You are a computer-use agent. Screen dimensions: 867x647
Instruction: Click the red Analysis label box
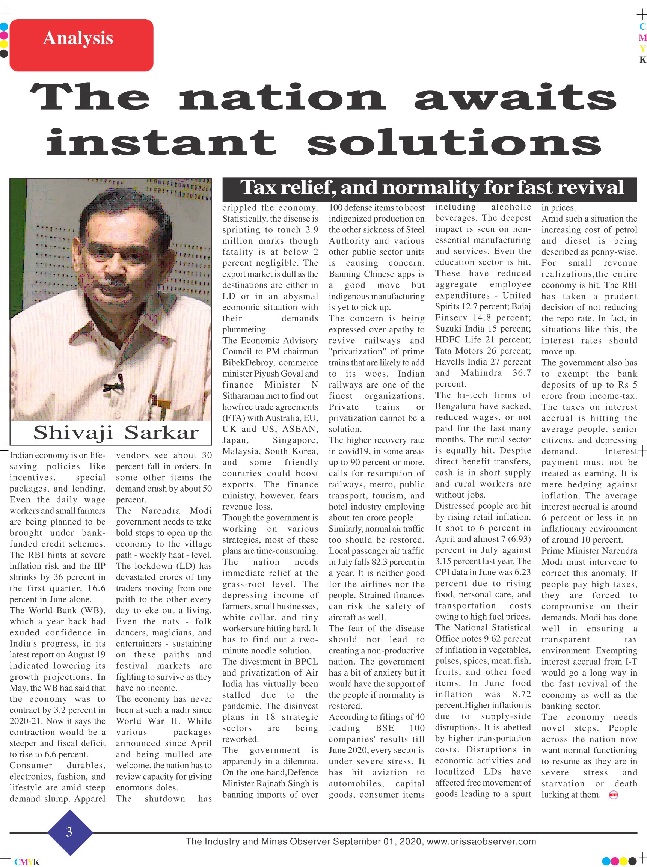(81, 45)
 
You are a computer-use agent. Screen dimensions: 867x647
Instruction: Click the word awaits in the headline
(515, 98)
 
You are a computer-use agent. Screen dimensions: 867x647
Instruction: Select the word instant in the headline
(161, 142)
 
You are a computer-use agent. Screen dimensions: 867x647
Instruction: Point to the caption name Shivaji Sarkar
(116, 433)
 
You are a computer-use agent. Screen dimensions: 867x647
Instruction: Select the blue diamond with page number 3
(69, 831)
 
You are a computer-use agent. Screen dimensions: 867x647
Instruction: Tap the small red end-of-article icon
(613, 795)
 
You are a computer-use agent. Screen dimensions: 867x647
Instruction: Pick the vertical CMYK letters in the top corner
(642, 44)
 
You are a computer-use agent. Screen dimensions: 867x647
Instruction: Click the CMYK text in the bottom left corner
(27, 862)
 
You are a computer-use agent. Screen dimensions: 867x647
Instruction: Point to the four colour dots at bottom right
(619, 861)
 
